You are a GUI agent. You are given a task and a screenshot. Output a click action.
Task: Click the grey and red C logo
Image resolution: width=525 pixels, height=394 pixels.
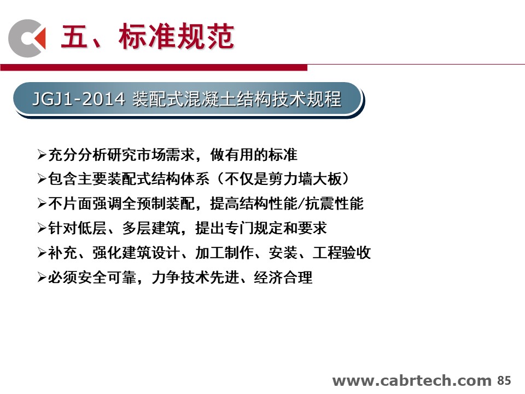coord(27,38)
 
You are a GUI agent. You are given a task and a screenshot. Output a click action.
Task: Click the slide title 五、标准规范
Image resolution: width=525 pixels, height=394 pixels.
coord(147,36)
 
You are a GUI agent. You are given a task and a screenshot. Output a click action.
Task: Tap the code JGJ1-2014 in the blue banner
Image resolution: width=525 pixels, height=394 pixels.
coord(79,99)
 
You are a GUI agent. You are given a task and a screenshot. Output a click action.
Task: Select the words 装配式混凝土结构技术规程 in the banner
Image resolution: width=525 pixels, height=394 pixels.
coord(237,99)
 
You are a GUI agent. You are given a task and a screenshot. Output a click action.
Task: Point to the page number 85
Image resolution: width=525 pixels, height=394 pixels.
coord(504,381)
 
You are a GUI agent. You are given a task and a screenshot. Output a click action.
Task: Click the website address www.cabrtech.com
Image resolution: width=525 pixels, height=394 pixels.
coord(412,381)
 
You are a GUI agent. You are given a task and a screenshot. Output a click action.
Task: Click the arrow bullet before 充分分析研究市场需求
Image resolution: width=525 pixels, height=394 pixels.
coord(42,155)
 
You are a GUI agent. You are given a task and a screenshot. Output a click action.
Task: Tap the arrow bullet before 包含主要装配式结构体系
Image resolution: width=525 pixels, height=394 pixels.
coord(42,179)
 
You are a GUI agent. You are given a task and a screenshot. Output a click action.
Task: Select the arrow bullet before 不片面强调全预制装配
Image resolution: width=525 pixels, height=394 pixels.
coord(42,204)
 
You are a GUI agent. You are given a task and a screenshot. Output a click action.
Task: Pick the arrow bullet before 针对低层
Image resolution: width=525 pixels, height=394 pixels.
coord(42,228)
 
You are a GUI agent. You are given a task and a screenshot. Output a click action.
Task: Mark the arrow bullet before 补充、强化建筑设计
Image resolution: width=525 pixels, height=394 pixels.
coord(42,253)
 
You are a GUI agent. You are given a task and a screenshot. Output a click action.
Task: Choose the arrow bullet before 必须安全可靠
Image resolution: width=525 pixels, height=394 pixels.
coord(42,277)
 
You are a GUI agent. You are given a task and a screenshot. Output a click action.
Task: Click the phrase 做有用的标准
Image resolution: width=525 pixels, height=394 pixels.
coord(254,155)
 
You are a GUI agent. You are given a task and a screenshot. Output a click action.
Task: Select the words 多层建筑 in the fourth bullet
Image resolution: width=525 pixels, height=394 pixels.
coord(151,228)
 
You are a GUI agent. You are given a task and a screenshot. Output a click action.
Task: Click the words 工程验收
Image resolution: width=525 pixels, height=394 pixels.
coord(342,253)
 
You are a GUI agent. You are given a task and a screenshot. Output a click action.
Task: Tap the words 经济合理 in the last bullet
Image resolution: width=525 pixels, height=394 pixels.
coord(283,277)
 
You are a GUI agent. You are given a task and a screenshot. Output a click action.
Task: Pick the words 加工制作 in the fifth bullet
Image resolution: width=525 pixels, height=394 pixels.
coord(224,253)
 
